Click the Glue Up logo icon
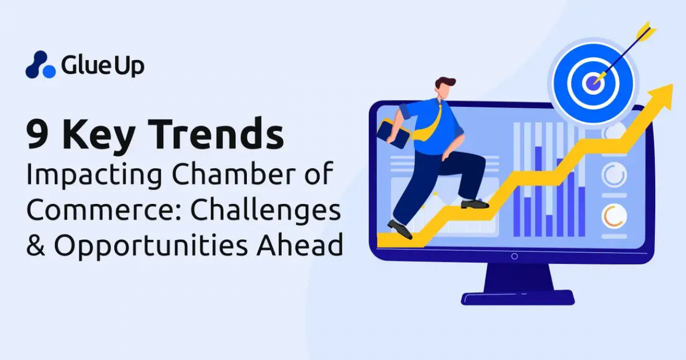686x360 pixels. point(40,65)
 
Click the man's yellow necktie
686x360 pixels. point(433,123)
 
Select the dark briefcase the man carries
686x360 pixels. point(393,135)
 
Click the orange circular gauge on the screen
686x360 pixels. point(614,215)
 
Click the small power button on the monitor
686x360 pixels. point(514,256)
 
